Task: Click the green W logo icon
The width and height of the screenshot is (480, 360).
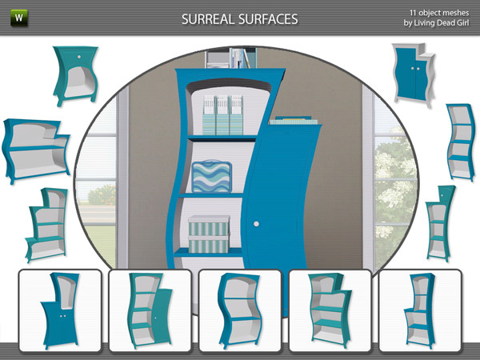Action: [x=19, y=18]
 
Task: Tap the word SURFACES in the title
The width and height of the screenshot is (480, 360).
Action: [x=268, y=19]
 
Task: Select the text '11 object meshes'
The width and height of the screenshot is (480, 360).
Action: [x=439, y=13]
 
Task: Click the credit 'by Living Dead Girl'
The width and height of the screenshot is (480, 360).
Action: [x=436, y=23]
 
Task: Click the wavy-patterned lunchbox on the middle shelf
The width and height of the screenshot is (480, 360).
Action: [x=211, y=176]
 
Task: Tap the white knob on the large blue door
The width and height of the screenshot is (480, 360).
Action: [x=256, y=224]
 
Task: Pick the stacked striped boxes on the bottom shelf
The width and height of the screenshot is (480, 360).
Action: [x=209, y=234]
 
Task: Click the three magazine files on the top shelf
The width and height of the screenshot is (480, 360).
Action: [x=223, y=114]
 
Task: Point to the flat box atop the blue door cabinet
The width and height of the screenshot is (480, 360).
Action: [x=293, y=120]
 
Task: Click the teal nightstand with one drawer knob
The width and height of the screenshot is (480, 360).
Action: [x=76, y=75]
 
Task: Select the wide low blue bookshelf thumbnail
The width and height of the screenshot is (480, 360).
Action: [x=36, y=150]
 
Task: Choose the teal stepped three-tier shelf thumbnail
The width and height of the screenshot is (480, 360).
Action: [x=46, y=225]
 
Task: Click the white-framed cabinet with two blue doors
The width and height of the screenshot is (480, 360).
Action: [x=414, y=74]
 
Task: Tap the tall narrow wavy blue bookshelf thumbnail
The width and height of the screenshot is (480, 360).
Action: [x=460, y=142]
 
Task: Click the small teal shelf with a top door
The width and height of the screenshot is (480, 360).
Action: [x=439, y=223]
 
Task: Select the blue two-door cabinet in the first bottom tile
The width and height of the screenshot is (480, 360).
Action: [x=60, y=310]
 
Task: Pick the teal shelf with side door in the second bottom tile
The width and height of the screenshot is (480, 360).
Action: [x=150, y=310]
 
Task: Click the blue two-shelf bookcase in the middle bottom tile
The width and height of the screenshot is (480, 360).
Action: [x=240, y=310]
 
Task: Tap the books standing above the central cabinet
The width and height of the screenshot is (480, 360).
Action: [x=243, y=58]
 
